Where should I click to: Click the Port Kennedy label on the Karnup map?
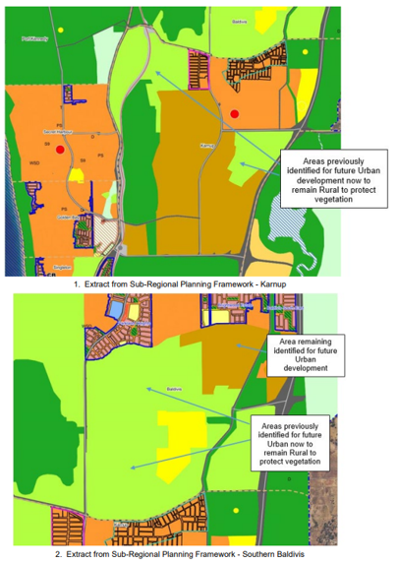pyautogui.click(x=33, y=38)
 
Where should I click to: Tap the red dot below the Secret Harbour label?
pyautogui.click(x=61, y=150)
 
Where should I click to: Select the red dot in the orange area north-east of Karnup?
pyautogui.click(x=235, y=114)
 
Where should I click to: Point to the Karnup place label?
pyautogui.click(x=206, y=146)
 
